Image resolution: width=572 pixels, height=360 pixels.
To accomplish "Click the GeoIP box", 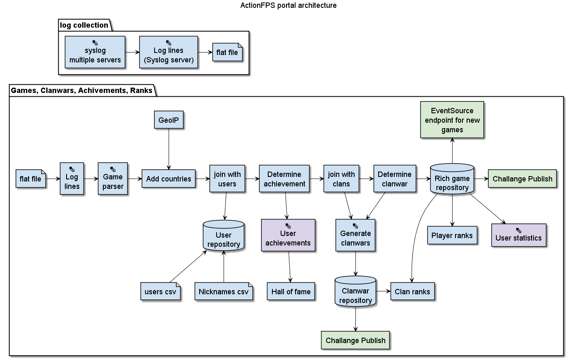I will pos(169,120).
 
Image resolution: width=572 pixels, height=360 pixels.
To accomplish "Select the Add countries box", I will pos(169,179).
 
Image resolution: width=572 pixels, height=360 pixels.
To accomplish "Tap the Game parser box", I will pos(113,179).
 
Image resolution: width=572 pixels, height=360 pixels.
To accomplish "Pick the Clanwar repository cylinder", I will pos(355,292).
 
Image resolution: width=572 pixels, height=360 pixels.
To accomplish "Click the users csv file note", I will pos(160,291).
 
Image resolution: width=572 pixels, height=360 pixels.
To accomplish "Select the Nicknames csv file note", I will pos(224,291).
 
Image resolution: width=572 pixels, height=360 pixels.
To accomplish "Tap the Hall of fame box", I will pos(291,291).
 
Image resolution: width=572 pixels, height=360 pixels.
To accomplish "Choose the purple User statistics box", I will pos(518,235).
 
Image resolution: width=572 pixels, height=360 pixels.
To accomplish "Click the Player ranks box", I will pos(452,235).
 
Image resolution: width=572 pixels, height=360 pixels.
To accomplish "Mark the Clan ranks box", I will pos(412,291).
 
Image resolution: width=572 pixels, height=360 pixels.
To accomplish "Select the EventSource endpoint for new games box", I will pos(452,120).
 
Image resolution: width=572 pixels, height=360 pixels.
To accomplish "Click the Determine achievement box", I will pos(284,179).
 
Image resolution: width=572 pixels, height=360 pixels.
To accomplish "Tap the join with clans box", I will pos(341,179).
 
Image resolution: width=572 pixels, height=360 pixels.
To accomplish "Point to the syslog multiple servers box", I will pos(95,52).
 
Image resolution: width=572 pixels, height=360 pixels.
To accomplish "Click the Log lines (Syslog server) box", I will pos(169,52).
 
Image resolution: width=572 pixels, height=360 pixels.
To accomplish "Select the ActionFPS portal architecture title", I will pos(288,5).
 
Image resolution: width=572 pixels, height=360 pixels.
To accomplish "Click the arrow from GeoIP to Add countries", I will pos(169,149).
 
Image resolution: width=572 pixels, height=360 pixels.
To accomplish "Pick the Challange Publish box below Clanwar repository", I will pos(355,340).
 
